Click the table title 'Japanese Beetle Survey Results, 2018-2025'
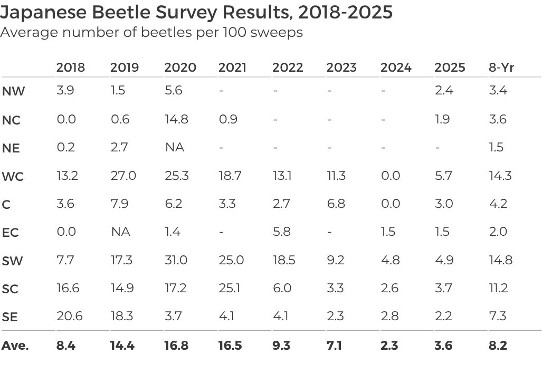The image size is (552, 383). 196,12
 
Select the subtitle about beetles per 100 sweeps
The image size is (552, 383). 151,32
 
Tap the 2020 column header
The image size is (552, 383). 180,68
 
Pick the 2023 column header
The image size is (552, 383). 341,68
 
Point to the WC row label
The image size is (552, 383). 13,177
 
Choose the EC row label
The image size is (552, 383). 11,233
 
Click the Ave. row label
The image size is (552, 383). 15,346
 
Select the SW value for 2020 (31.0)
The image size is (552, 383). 176,260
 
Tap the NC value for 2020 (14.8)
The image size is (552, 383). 176,119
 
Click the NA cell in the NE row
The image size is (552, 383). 174,147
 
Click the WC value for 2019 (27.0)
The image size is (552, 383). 123,176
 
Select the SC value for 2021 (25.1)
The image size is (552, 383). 230,288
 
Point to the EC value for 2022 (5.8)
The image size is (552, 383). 282,232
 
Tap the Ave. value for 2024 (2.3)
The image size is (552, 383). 389,346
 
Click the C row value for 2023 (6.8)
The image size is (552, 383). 336,204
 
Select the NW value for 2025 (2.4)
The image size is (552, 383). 444,91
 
